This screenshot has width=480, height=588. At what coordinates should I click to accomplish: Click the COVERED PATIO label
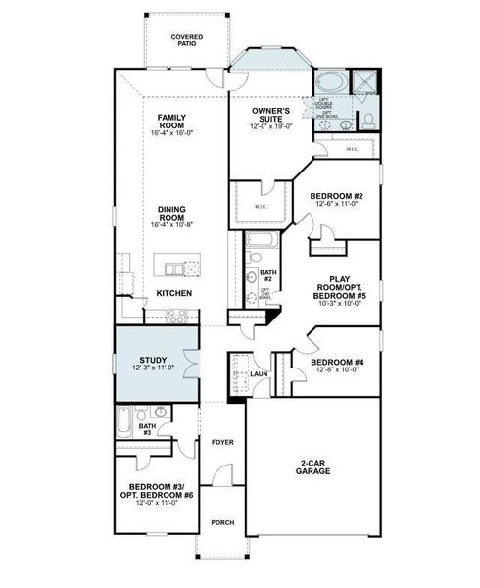click(186, 40)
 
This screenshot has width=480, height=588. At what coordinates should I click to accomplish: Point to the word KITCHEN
click(174, 293)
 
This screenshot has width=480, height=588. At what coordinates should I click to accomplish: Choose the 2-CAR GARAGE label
click(312, 467)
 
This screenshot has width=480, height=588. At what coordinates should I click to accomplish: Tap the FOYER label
click(222, 442)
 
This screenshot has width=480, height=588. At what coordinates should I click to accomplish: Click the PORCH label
click(222, 522)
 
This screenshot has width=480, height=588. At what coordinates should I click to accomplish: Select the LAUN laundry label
click(259, 373)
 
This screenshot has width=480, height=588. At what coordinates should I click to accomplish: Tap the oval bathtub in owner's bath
click(331, 82)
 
